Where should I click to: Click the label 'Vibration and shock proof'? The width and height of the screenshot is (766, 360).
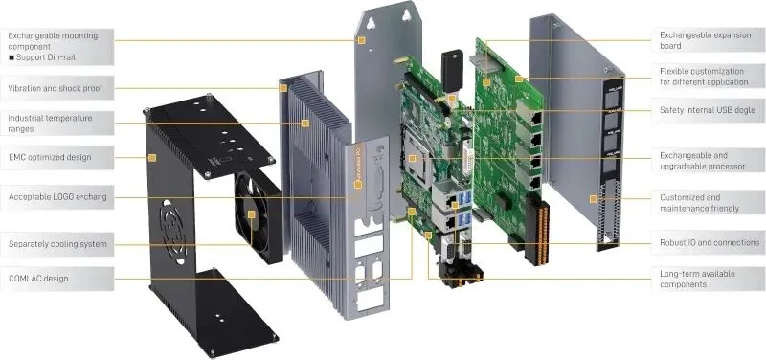click(56, 88)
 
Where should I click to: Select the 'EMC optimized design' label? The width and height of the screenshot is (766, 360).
click(50, 157)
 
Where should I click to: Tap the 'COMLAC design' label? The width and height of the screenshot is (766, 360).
click(38, 279)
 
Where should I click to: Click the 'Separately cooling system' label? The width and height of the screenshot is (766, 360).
click(57, 244)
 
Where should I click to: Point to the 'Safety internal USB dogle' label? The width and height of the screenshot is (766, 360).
click(707, 110)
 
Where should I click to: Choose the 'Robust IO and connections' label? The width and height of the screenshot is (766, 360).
click(710, 242)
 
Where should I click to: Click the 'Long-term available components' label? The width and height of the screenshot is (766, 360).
click(697, 279)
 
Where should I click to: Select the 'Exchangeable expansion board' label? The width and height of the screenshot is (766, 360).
click(705, 40)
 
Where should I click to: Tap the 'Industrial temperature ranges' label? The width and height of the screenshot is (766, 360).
click(50, 124)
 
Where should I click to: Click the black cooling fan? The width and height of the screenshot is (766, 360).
click(258, 215)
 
